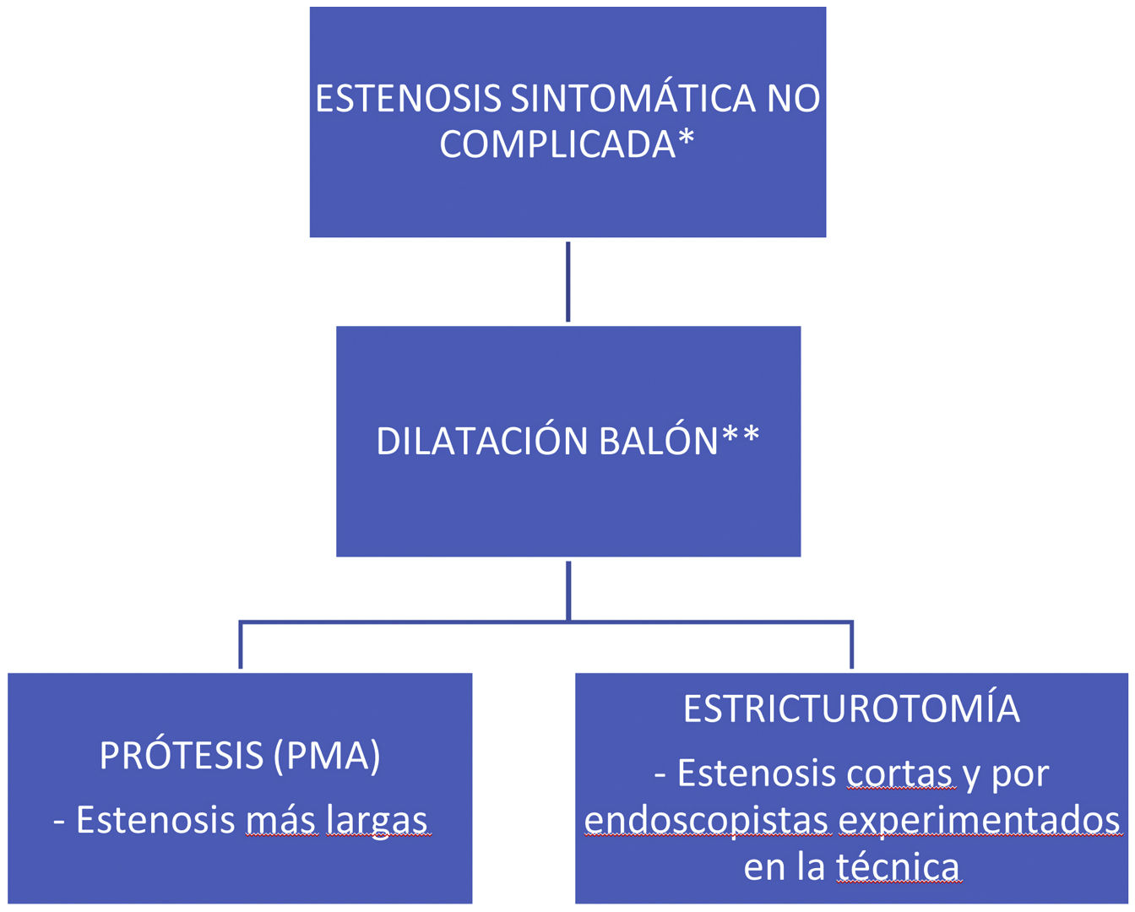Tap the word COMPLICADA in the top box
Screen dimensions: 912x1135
coord(557,144)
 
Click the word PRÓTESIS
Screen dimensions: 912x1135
coord(182,756)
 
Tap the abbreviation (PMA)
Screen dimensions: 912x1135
coord(327,756)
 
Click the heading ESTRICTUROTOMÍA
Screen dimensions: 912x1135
coord(851,709)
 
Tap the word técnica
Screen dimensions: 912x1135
coord(898,867)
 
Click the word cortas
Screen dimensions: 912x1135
coord(900,774)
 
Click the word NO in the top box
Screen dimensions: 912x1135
coord(793,99)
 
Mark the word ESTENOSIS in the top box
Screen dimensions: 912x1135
coord(408,99)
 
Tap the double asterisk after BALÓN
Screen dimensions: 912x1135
coord(741,437)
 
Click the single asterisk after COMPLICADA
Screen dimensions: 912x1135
coord(686,139)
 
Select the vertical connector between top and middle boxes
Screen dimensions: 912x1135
coord(567,281)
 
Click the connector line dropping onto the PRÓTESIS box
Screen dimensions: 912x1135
coord(241,646)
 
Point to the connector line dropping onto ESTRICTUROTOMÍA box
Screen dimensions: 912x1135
coord(851,646)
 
